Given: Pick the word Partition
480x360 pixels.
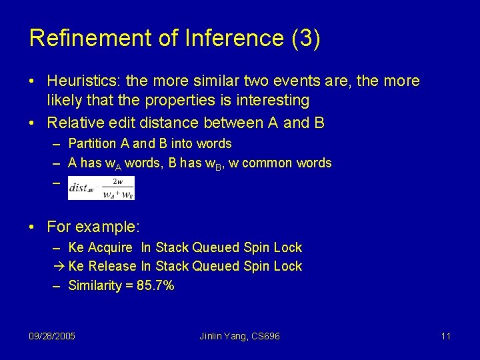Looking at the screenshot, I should [x=93, y=143].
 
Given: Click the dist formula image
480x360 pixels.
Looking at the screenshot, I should [x=101, y=188].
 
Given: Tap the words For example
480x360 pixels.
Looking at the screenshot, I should [x=93, y=227].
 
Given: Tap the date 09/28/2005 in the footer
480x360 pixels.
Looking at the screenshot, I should [x=52, y=336].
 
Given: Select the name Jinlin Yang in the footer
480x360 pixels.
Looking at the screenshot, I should [x=222, y=336].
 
